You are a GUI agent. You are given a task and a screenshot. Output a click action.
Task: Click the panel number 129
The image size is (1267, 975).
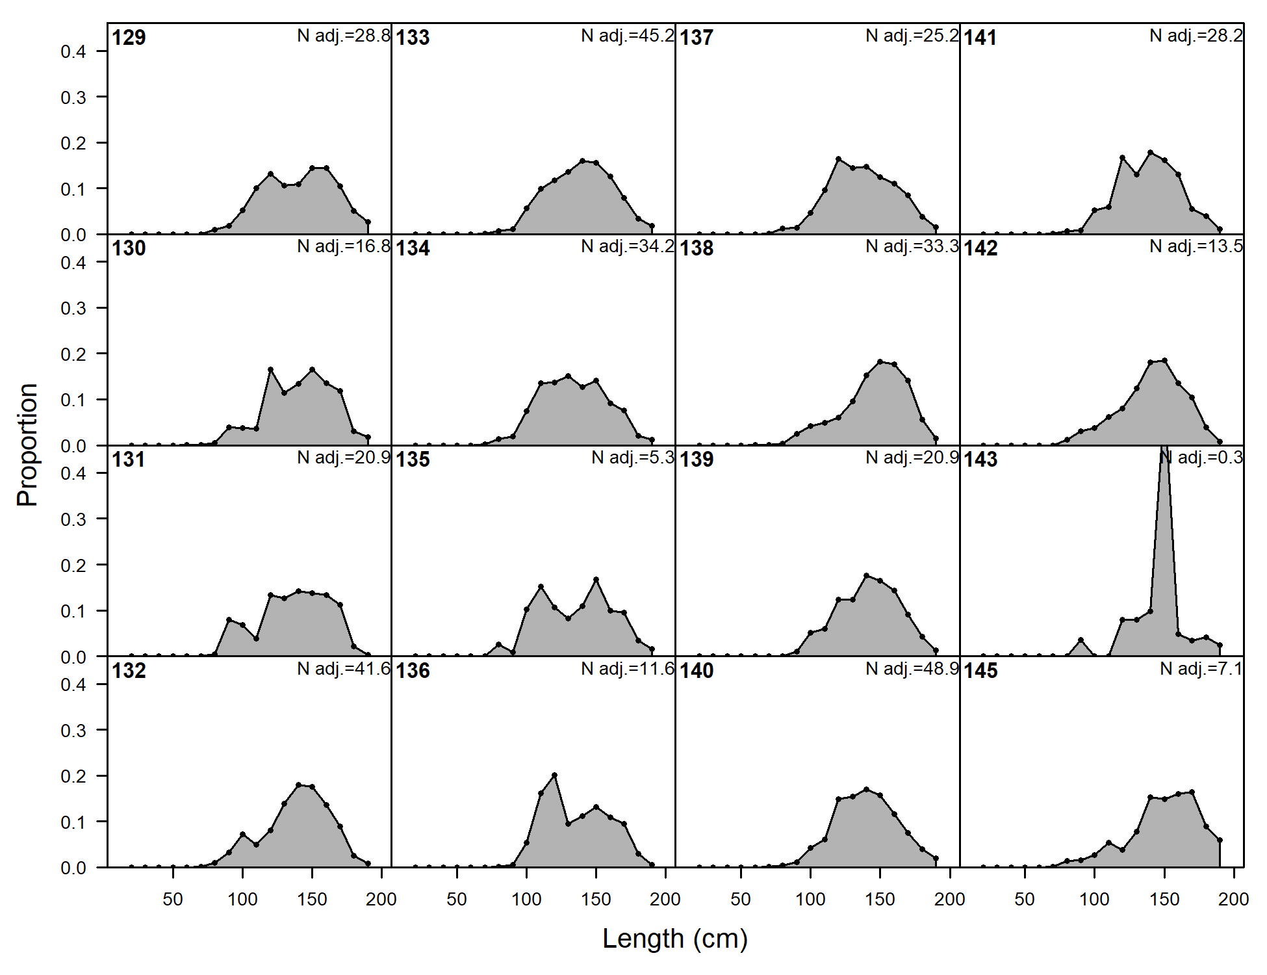129,38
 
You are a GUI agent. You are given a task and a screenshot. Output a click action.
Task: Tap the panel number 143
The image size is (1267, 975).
980,460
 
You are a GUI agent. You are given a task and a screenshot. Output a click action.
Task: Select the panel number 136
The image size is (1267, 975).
413,671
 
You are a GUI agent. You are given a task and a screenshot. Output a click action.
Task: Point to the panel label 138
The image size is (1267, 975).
697,248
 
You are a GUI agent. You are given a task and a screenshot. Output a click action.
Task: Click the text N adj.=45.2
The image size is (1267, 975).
628,36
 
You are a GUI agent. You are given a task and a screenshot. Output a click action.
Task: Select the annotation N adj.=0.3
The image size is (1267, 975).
1202,458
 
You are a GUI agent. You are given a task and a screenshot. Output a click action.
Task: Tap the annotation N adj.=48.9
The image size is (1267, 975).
912,669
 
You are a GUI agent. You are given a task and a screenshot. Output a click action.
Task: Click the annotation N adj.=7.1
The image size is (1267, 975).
1201,669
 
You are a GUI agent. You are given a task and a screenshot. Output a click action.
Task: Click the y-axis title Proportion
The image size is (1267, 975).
27,445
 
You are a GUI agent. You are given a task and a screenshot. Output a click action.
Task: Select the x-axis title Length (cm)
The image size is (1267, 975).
675,939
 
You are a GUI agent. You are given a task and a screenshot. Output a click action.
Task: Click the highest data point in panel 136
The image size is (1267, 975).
554,775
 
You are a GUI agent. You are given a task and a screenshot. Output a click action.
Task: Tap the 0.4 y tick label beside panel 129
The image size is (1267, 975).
73,51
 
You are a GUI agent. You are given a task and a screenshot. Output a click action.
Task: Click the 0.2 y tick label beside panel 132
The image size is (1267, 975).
73,776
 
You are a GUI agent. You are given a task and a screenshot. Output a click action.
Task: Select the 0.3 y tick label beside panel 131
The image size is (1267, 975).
73,519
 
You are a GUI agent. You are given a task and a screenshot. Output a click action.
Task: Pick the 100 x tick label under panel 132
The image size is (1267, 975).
242,900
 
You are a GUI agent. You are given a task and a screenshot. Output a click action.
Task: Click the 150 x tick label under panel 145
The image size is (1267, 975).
1164,900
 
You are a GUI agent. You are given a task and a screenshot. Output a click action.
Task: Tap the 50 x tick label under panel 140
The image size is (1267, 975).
741,900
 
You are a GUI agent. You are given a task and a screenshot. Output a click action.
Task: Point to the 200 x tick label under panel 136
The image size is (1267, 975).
665,900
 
